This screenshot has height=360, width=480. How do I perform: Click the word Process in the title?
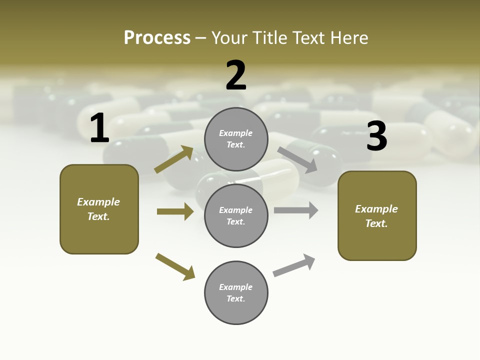[157, 37]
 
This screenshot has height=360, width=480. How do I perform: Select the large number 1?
[99, 128]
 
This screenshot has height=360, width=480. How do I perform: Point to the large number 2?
[236, 75]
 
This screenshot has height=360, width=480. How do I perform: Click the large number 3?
[377, 136]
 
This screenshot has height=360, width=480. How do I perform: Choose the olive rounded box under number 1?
[99, 209]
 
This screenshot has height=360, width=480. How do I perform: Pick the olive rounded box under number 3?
[377, 216]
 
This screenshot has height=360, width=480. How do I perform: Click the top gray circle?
[236, 139]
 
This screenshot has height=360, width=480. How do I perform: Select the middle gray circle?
[236, 215]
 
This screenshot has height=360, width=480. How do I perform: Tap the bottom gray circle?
[236, 292]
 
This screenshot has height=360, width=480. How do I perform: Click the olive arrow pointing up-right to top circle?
[174, 159]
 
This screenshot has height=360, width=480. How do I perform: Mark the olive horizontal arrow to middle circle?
[175, 211]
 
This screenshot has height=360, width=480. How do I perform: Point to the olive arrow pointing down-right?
[175, 266]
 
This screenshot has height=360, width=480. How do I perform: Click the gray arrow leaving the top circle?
[297, 159]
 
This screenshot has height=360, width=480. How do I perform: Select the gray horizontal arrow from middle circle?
[296, 210]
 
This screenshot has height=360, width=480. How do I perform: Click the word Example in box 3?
[376, 209]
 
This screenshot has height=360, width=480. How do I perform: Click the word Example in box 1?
[98, 202]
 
